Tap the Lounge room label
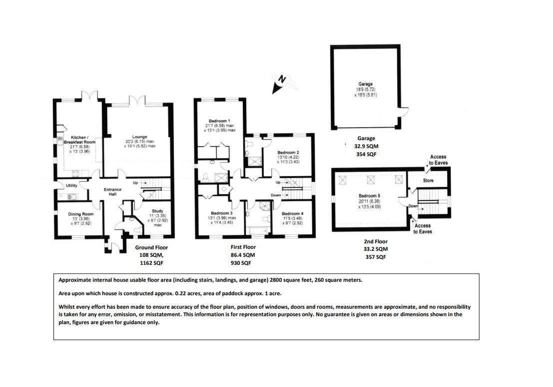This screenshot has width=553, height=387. click(x=139, y=136)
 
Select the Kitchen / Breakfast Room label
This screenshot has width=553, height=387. click(x=79, y=139)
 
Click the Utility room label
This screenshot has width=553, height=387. click(x=71, y=186)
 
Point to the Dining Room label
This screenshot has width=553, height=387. click(x=80, y=214)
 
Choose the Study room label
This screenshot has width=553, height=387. click(x=157, y=211)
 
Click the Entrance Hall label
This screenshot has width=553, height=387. click(x=112, y=192)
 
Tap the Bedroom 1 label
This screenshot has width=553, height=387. click(x=219, y=121)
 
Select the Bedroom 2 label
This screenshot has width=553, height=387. click(x=288, y=152)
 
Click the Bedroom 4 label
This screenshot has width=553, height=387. click(x=292, y=213)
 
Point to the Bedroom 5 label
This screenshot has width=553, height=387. click(x=370, y=196)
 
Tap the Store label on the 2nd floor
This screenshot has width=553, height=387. click(x=428, y=180)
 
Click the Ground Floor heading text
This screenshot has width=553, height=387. click(x=151, y=247)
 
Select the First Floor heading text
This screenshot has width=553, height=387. click(x=243, y=247)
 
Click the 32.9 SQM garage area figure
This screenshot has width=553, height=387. click(x=366, y=147)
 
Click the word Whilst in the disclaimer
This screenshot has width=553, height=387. click(x=67, y=307)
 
